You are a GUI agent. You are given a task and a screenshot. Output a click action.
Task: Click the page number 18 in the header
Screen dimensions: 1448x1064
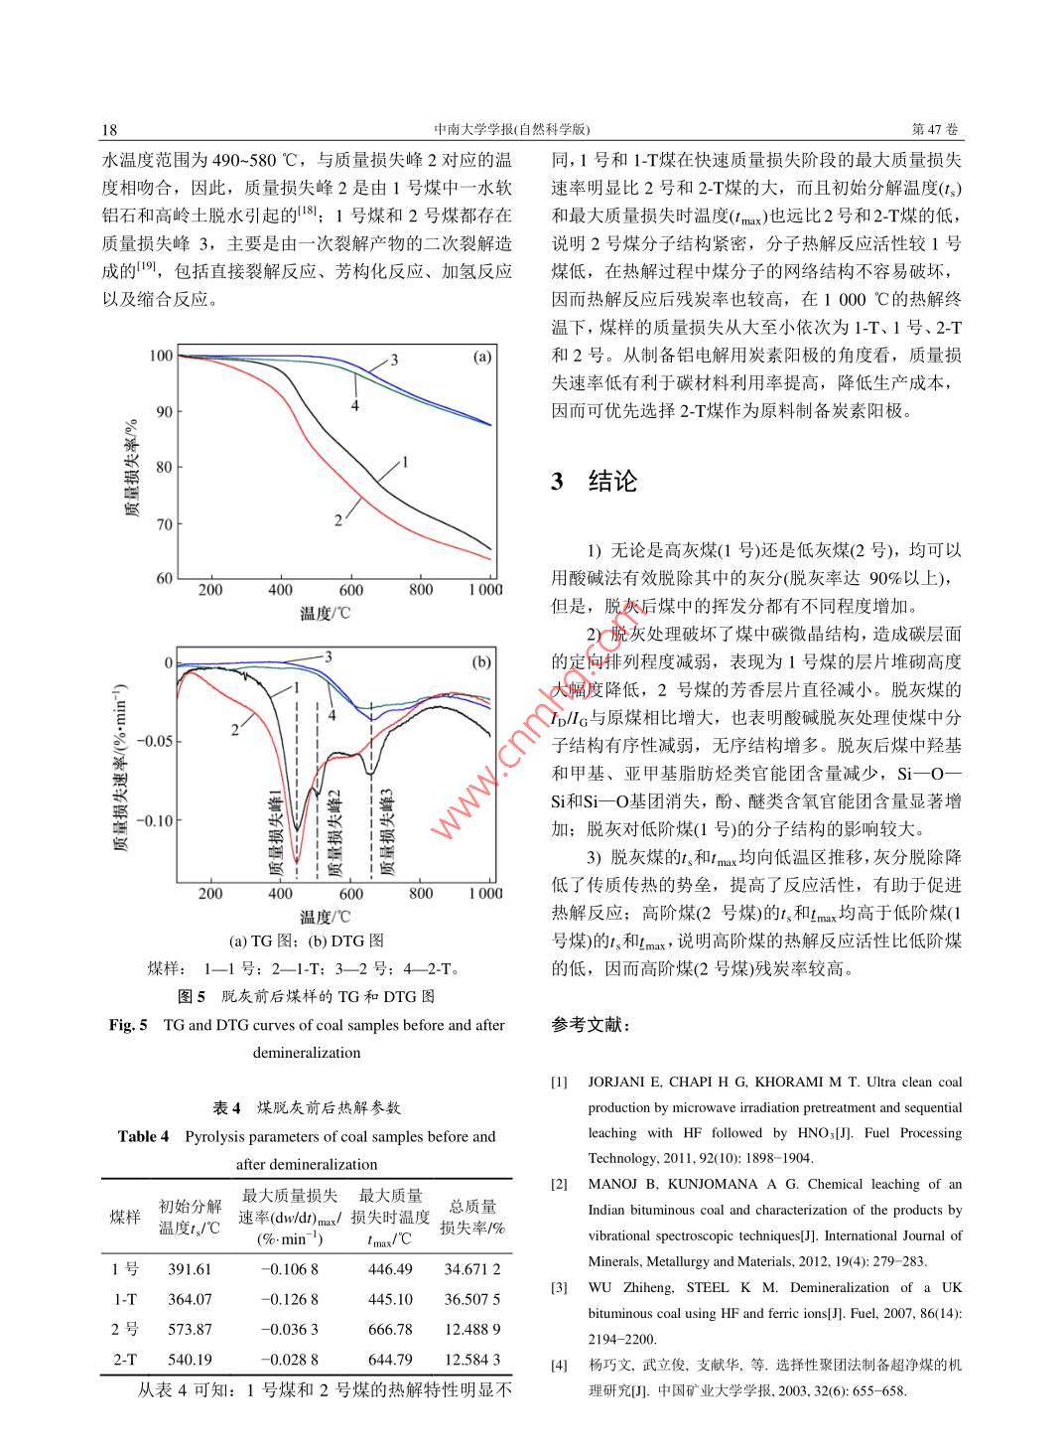click(x=109, y=130)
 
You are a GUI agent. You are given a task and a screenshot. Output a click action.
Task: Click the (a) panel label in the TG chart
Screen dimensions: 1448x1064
click(x=480, y=357)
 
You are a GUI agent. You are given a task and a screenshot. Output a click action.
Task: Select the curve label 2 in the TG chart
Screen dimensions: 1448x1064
click(x=338, y=519)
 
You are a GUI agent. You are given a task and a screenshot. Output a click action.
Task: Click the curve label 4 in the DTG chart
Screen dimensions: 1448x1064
click(x=332, y=715)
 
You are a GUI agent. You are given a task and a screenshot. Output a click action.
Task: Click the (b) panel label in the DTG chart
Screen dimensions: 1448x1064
click(x=480, y=662)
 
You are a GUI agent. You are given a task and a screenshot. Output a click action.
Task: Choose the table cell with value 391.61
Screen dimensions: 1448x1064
click(x=190, y=1269)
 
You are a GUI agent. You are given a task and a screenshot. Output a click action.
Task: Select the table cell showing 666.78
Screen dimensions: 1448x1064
click(x=390, y=1329)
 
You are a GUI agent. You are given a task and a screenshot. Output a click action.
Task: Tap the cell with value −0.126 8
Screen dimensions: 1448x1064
click(x=289, y=1299)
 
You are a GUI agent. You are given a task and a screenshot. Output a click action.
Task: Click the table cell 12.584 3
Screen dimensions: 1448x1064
click(x=472, y=1359)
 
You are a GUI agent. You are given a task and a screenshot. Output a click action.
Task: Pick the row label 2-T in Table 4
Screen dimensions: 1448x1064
click(x=125, y=1359)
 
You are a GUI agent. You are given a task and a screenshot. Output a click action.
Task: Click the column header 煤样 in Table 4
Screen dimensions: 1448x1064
click(x=125, y=1218)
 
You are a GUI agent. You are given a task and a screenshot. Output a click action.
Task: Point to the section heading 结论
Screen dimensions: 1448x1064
click(x=612, y=482)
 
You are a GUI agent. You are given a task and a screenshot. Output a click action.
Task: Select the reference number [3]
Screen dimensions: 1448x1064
click(x=560, y=1288)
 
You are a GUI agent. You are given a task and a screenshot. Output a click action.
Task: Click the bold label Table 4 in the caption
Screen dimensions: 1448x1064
click(x=144, y=1136)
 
